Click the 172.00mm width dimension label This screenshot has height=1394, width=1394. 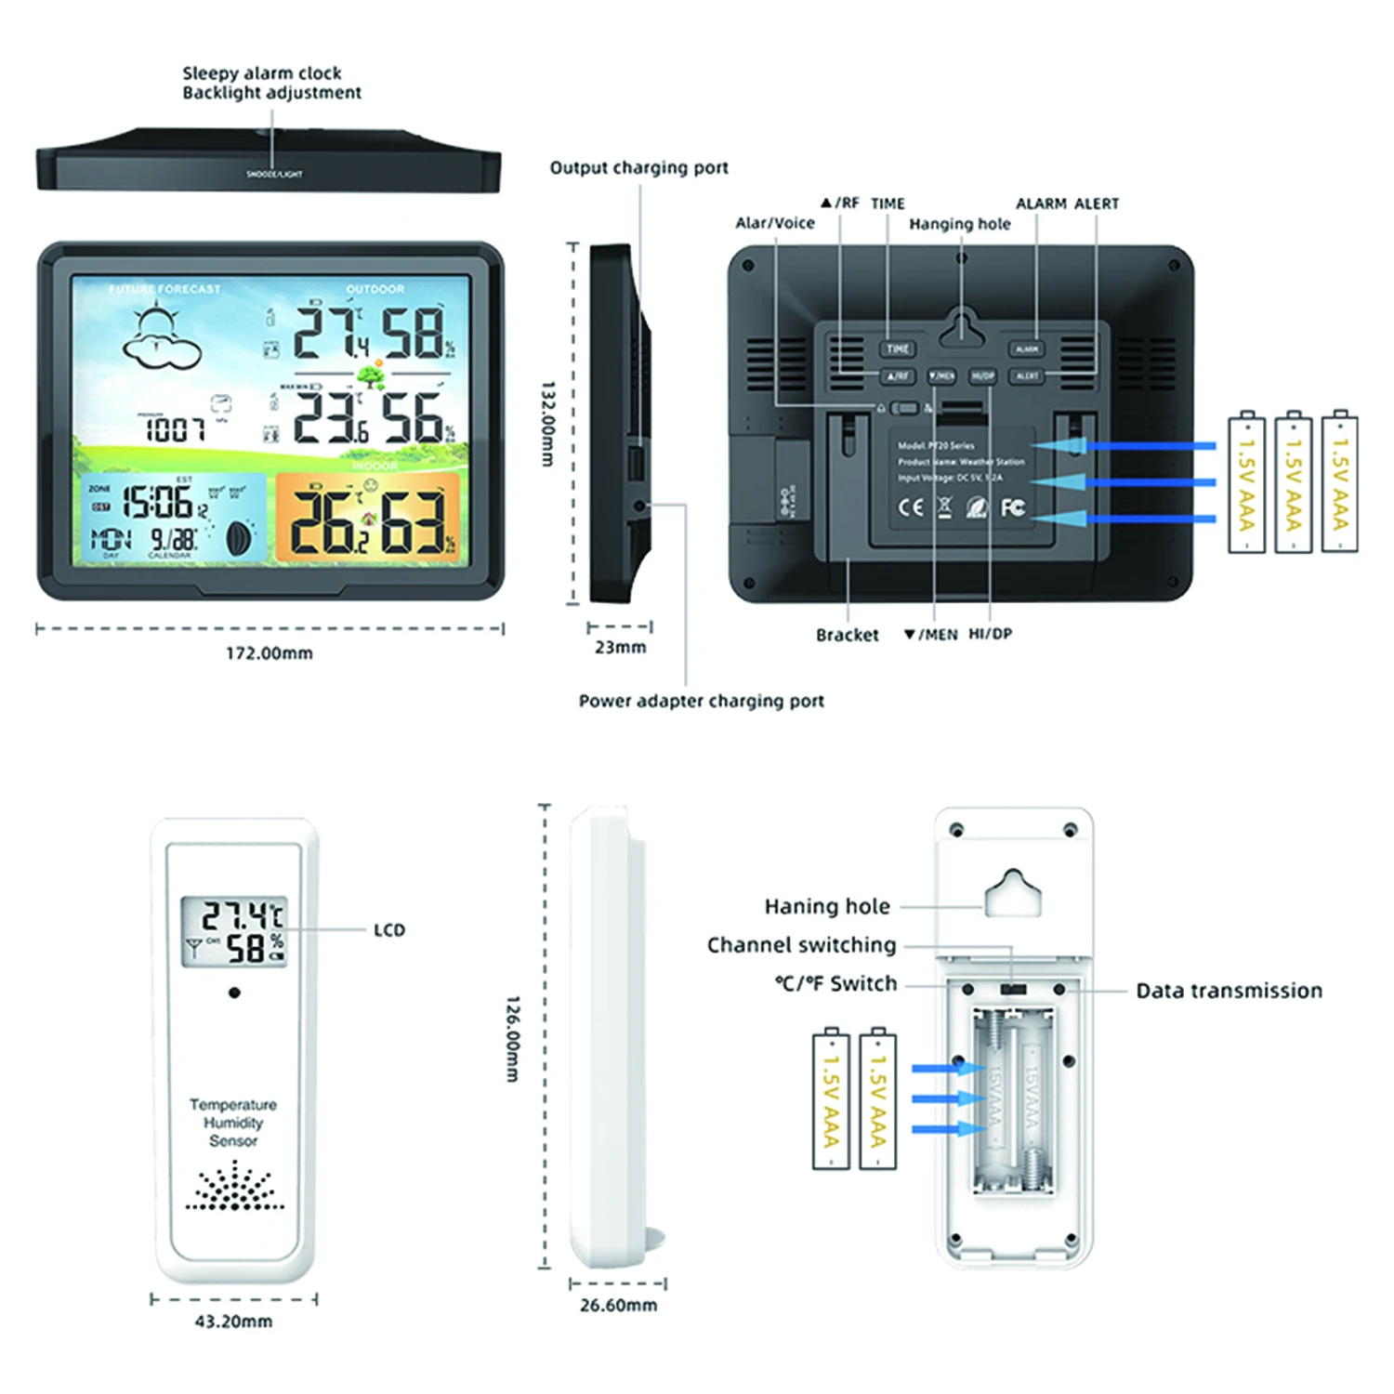tap(270, 653)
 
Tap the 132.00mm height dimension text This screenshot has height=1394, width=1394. tap(548, 423)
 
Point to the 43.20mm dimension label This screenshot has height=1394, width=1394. tap(233, 1321)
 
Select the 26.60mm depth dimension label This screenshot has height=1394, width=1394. tap(618, 1305)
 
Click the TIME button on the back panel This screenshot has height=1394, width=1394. tap(898, 348)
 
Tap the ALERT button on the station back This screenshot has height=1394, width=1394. tap(1027, 375)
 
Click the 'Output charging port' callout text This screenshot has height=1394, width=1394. tap(638, 168)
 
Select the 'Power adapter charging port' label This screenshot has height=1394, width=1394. tap(701, 701)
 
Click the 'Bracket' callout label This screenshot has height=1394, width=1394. tap(847, 635)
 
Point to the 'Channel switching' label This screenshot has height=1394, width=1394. tap(801, 945)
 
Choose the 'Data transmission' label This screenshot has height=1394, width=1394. tap(1229, 991)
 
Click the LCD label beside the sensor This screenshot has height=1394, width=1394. tap(389, 930)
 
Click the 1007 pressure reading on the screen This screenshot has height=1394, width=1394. tap(175, 429)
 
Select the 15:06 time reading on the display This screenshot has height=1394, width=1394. tap(158, 503)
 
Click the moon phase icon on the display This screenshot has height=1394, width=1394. tap(239, 538)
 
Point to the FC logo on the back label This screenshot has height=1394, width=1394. tap(1012, 506)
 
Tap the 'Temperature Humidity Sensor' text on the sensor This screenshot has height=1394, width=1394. tap(233, 1123)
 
